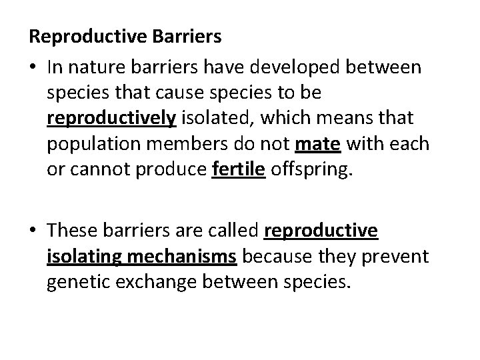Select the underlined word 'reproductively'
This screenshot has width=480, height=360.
point(111,119)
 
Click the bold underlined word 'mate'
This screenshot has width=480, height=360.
point(313,145)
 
